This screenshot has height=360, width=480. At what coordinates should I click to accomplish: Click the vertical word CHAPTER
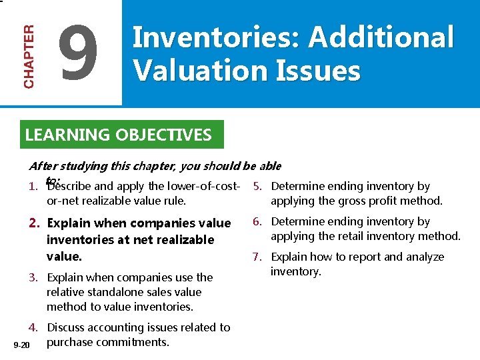point(29,57)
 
